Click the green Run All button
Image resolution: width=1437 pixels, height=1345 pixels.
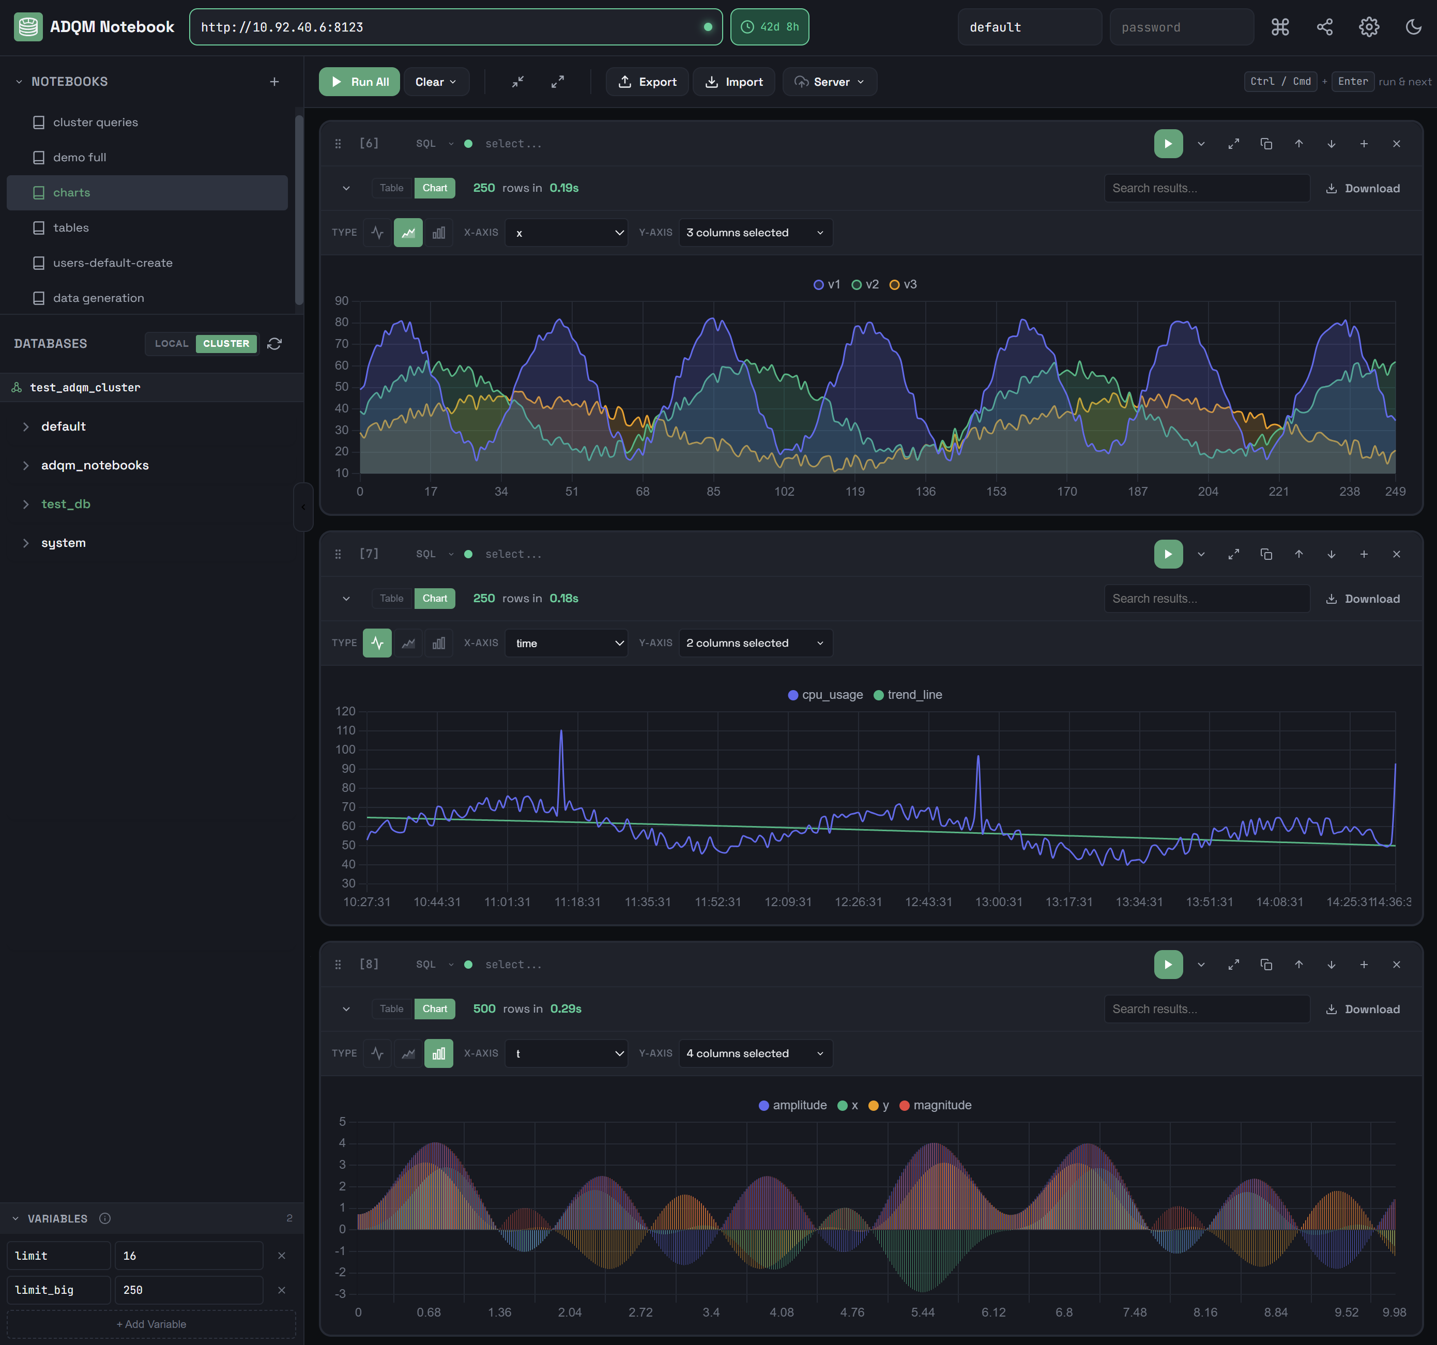click(x=359, y=82)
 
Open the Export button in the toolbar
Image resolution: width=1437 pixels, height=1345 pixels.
click(x=647, y=82)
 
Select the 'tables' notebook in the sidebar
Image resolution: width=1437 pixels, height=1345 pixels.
click(x=71, y=227)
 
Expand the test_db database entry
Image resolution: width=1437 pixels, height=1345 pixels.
click(x=66, y=504)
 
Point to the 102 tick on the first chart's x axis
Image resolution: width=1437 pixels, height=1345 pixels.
click(x=784, y=492)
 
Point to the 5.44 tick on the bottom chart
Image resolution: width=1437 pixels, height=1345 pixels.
click(x=923, y=1312)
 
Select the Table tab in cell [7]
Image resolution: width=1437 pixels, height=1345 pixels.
click(x=392, y=599)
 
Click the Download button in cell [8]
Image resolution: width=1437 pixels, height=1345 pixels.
click(x=1363, y=1009)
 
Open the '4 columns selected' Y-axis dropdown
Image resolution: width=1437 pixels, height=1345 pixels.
click(x=755, y=1053)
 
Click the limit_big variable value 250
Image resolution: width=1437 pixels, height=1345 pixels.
click(x=188, y=1290)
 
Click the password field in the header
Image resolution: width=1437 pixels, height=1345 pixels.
click(x=1181, y=27)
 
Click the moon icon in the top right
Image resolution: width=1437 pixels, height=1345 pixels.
click(x=1413, y=27)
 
